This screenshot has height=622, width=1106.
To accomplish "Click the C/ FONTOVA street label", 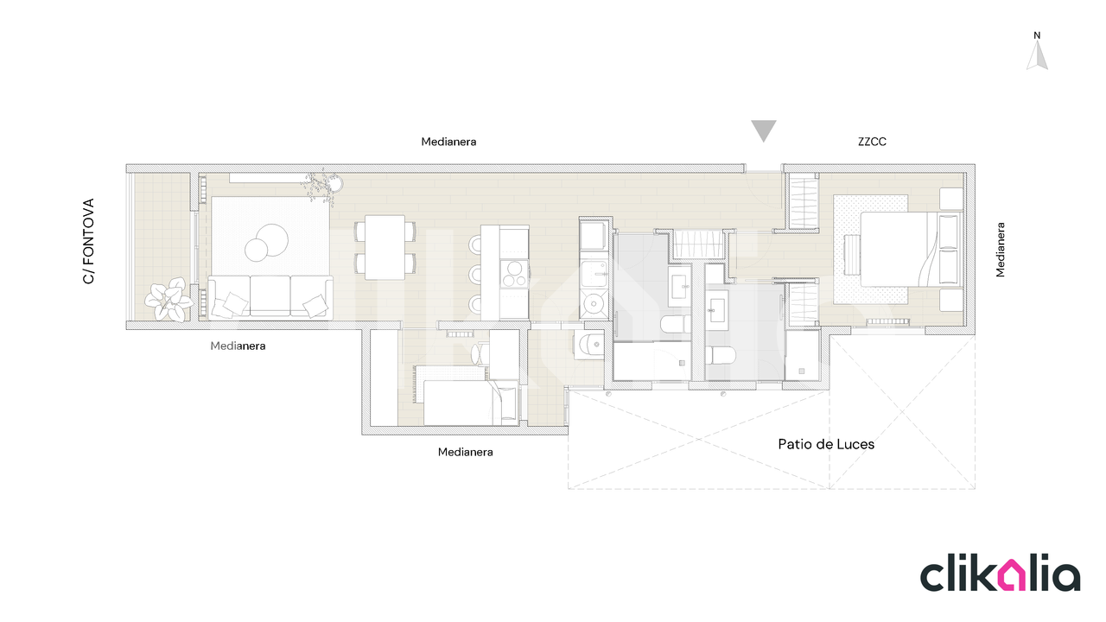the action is [88, 241].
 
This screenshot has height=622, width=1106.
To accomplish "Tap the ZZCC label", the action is [872, 142].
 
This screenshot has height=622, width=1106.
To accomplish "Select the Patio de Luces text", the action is [826, 444].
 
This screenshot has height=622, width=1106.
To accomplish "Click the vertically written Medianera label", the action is [1000, 250].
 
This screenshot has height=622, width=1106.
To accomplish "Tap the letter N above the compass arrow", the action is [1037, 35].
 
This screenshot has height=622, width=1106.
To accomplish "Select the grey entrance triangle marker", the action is [763, 130].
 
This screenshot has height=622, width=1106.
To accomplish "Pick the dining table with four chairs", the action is [385, 247].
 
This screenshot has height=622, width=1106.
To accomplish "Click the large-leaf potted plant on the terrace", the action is [168, 299].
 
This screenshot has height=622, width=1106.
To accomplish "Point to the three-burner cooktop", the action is [514, 274].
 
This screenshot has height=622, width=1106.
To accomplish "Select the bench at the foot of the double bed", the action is [852, 254].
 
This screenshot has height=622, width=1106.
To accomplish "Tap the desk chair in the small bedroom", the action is [480, 353].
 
